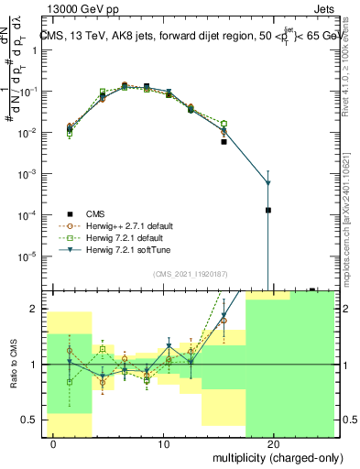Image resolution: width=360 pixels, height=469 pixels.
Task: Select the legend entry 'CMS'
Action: [97, 214]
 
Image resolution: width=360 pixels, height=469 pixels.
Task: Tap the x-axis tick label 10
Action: [164, 444]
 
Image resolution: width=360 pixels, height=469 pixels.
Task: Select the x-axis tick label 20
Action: [274, 444]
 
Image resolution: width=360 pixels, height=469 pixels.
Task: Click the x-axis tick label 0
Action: [54, 444]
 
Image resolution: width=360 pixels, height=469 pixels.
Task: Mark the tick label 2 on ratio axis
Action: [36, 309]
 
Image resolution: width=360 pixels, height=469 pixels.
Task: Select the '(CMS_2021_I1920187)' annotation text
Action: [189, 274]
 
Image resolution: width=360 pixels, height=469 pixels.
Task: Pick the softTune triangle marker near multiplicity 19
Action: [268, 183]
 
